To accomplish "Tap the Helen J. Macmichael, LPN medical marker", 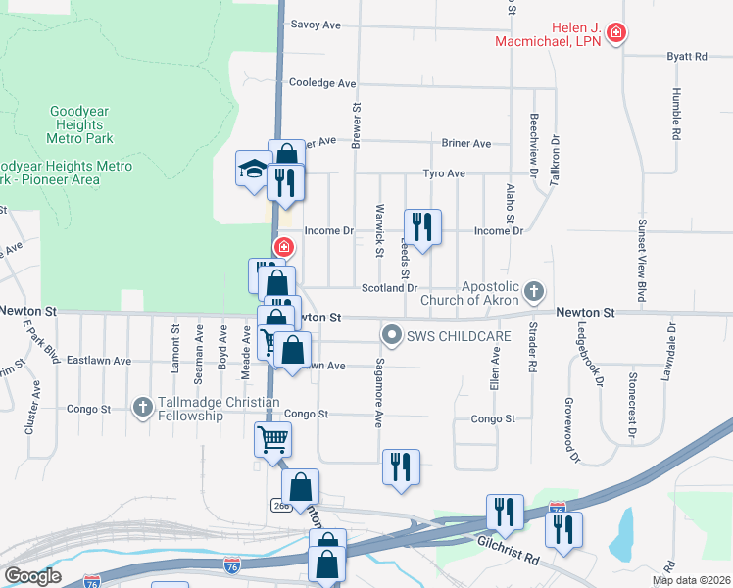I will pyautogui.click(x=615, y=34).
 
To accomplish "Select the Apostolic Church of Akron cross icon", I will pyautogui.click(x=533, y=291).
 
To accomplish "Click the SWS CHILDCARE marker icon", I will pyautogui.click(x=392, y=336).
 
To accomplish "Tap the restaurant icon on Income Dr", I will pyautogui.click(x=422, y=226).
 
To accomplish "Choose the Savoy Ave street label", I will pyautogui.click(x=316, y=24).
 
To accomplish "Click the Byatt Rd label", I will pyautogui.click(x=686, y=57).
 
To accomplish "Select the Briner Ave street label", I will pyautogui.click(x=465, y=143).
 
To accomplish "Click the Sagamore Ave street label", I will pyautogui.click(x=378, y=393).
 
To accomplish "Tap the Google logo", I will pyautogui.click(x=31, y=576).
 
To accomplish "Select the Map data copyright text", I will pyautogui.click(x=692, y=580).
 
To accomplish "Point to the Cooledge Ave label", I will pyautogui.click(x=322, y=84).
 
